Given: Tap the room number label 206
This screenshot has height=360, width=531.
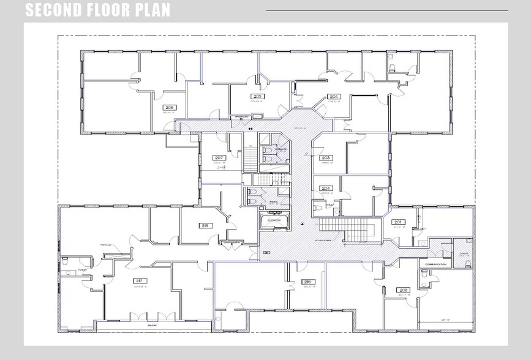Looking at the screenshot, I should tap(170, 107).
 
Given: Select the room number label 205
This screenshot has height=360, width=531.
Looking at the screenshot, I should tap(258, 97).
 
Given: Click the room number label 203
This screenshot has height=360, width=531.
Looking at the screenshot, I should tap(326, 157).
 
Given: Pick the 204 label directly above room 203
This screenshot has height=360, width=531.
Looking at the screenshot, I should tap(334, 97).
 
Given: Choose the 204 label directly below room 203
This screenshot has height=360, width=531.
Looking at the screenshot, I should tap(326, 189).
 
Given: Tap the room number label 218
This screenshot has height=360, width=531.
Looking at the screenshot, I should tap(205, 225).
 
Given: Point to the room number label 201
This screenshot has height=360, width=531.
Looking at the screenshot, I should tap(397, 222).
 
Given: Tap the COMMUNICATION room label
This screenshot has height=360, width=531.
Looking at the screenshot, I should tap(436, 264).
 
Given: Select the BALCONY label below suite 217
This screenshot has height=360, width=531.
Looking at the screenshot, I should tap(153, 325).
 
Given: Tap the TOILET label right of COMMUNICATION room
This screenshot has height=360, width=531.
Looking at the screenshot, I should tap(463, 253).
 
